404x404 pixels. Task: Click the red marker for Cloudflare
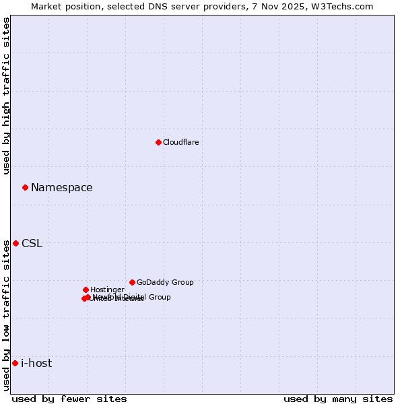coord(158,142)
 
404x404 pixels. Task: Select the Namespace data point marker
coord(25,187)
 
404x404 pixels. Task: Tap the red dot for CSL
coord(15,243)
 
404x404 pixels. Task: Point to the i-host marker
coord(15,363)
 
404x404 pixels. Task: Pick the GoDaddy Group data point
coord(132,282)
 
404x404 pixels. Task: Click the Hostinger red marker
coord(86,290)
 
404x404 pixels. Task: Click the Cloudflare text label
coord(180,142)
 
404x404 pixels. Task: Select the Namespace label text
coord(61,187)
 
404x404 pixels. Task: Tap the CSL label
coord(32,243)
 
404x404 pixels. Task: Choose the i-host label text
coord(36,363)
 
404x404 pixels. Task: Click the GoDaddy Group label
coord(165,282)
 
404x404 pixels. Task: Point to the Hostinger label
coord(107,290)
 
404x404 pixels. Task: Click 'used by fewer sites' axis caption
coord(69,399)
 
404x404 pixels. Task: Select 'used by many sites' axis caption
coord(338,399)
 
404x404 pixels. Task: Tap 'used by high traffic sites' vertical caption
coord(7,96)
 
